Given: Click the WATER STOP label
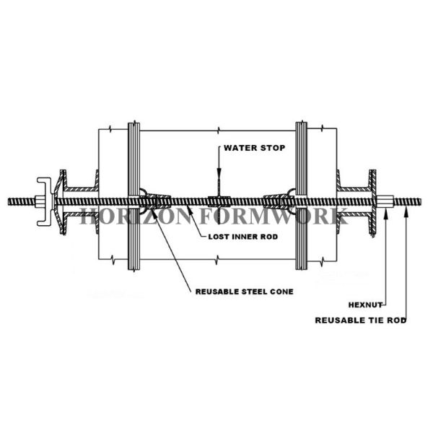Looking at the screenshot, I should pos(255,148).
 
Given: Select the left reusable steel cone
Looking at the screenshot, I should pos(154,198).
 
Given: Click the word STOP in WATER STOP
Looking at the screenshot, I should pos(272,148).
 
